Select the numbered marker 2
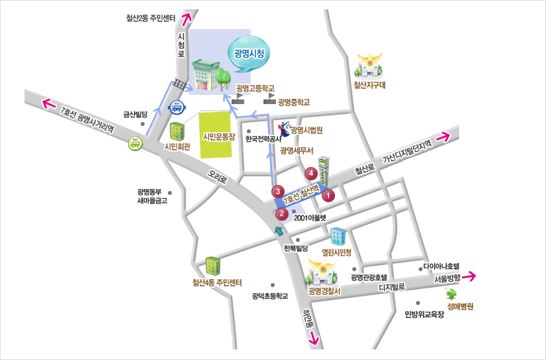click(282, 213)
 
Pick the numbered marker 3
click(279, 191)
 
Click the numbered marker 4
click(310, 174)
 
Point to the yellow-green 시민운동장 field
click(218, 136)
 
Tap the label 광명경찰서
click(324, 291)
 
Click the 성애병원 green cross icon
click(452, 294)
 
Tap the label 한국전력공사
click(263, 140)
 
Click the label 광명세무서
click(296, 151)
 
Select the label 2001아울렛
click(310, 216)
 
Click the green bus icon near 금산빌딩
click(135, 143)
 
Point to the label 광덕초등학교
click(271, 296)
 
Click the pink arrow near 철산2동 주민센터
click(186, 19)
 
